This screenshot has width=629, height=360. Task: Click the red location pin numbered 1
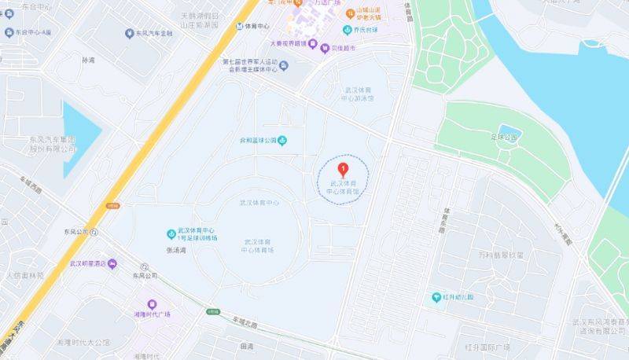(x=342, y=167)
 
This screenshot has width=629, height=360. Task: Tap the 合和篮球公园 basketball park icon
(x=283, y=141)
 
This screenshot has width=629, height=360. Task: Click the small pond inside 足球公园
(x=509, y=130)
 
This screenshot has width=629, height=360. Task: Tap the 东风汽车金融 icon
(x=130, y=33)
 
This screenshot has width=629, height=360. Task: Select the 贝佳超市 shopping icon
(x=324, y=49)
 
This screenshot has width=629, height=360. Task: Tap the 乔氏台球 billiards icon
(x=346, y=30)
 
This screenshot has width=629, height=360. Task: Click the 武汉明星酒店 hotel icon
(x=112, y=263)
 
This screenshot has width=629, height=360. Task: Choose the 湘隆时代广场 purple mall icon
(x=153, y=305)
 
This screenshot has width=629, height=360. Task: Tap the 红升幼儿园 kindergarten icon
(x=436, y=297)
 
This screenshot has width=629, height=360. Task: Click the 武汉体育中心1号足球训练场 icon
(x=171, y=233)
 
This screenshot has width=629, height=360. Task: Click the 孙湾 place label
(x=88, y=59)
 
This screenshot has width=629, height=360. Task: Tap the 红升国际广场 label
(x=487, y=347)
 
